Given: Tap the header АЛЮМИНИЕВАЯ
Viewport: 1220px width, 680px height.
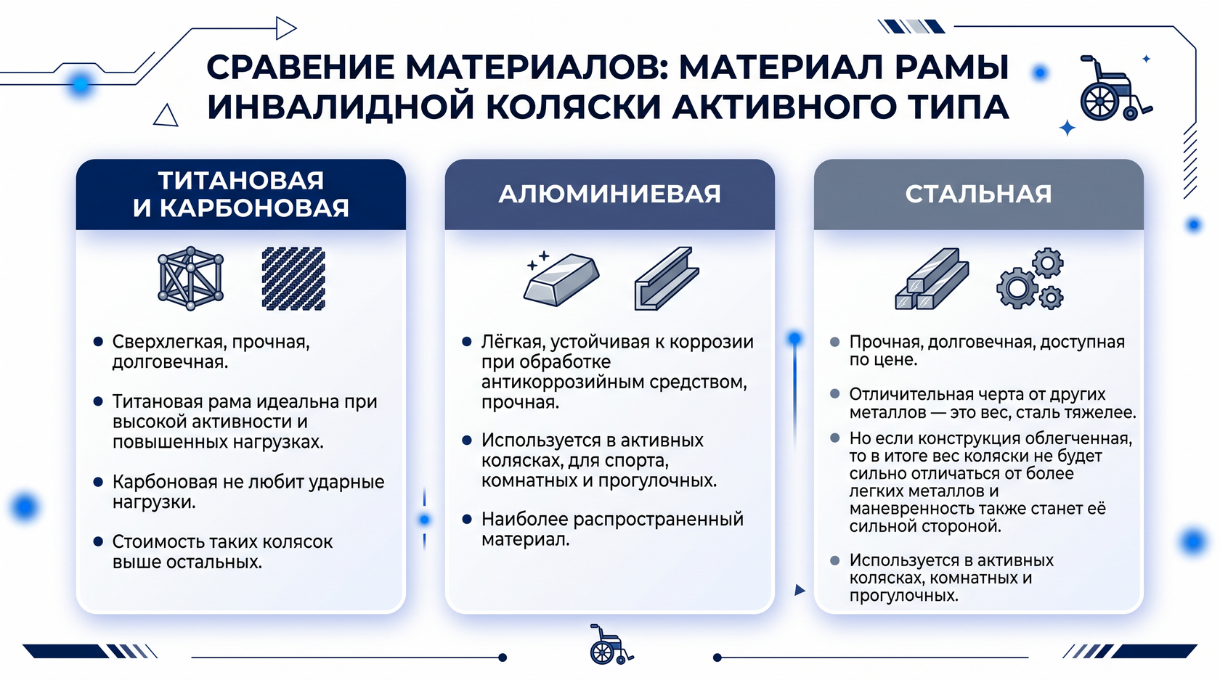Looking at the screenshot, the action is [x=609, y=194].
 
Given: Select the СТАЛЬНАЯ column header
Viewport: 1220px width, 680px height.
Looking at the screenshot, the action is [x=978, y=194].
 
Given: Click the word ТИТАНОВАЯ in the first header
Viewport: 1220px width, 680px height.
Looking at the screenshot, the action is [x=241, y=180].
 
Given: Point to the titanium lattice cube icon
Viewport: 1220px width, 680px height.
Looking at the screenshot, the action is [x=190, y=278].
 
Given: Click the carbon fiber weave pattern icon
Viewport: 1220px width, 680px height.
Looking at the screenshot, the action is [x=293, y=279].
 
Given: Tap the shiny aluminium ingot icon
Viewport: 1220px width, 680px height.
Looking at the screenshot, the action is [x=561, y=278].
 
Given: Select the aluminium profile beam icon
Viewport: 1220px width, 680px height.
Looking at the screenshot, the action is [x=667, y=278].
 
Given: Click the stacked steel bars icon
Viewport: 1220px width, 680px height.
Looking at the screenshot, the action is [x=932, y=279].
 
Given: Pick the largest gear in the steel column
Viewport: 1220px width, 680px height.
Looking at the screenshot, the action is [x=1017, y=288].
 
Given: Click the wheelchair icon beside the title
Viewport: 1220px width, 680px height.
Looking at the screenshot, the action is [x=1114, y=89].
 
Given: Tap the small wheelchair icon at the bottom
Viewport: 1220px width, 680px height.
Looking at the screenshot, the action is [x=611, y=644].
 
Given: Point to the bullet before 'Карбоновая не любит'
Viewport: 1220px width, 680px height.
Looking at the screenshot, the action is [x=98, y=482].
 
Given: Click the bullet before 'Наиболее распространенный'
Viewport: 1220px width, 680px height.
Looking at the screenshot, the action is [x=467, y=519].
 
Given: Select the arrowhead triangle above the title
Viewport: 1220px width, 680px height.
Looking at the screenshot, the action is [x=286, y=28].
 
